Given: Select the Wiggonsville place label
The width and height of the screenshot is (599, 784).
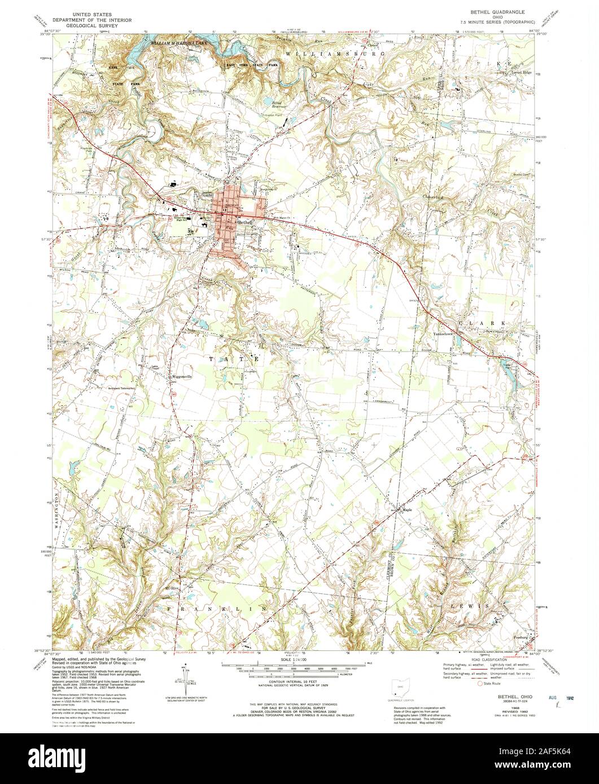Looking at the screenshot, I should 182,377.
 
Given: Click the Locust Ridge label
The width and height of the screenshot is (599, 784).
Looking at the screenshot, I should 521,73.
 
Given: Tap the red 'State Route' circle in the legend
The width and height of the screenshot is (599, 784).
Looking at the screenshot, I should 481,684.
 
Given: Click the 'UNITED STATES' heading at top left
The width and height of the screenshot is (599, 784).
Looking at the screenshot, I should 88,12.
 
